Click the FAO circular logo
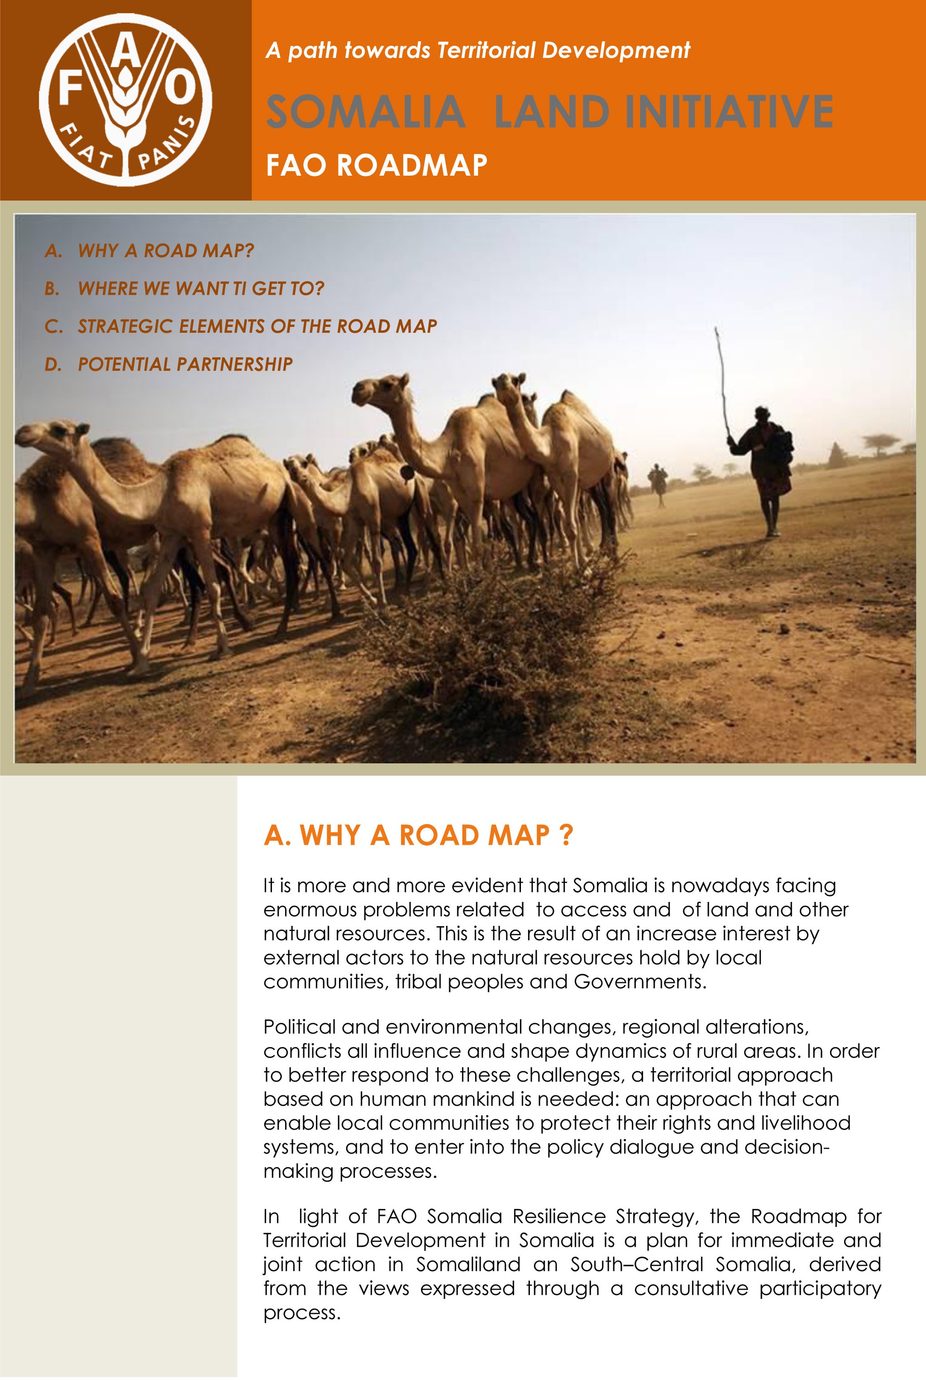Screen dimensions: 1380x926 pyautogui.click(x=125, y=100)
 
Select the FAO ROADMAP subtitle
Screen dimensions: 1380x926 pyautogui.click(x=376, y=165)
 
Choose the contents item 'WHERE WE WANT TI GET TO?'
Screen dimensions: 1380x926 pyautogui.click(x=201, y=288)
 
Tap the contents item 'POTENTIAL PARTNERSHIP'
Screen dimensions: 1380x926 pyautogui.click(x=185, y=364)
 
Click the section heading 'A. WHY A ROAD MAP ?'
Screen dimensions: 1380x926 pyautogui.click(x=418, y=835)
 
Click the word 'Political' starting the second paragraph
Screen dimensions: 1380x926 pyautogui.click(x=299, y=1027)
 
